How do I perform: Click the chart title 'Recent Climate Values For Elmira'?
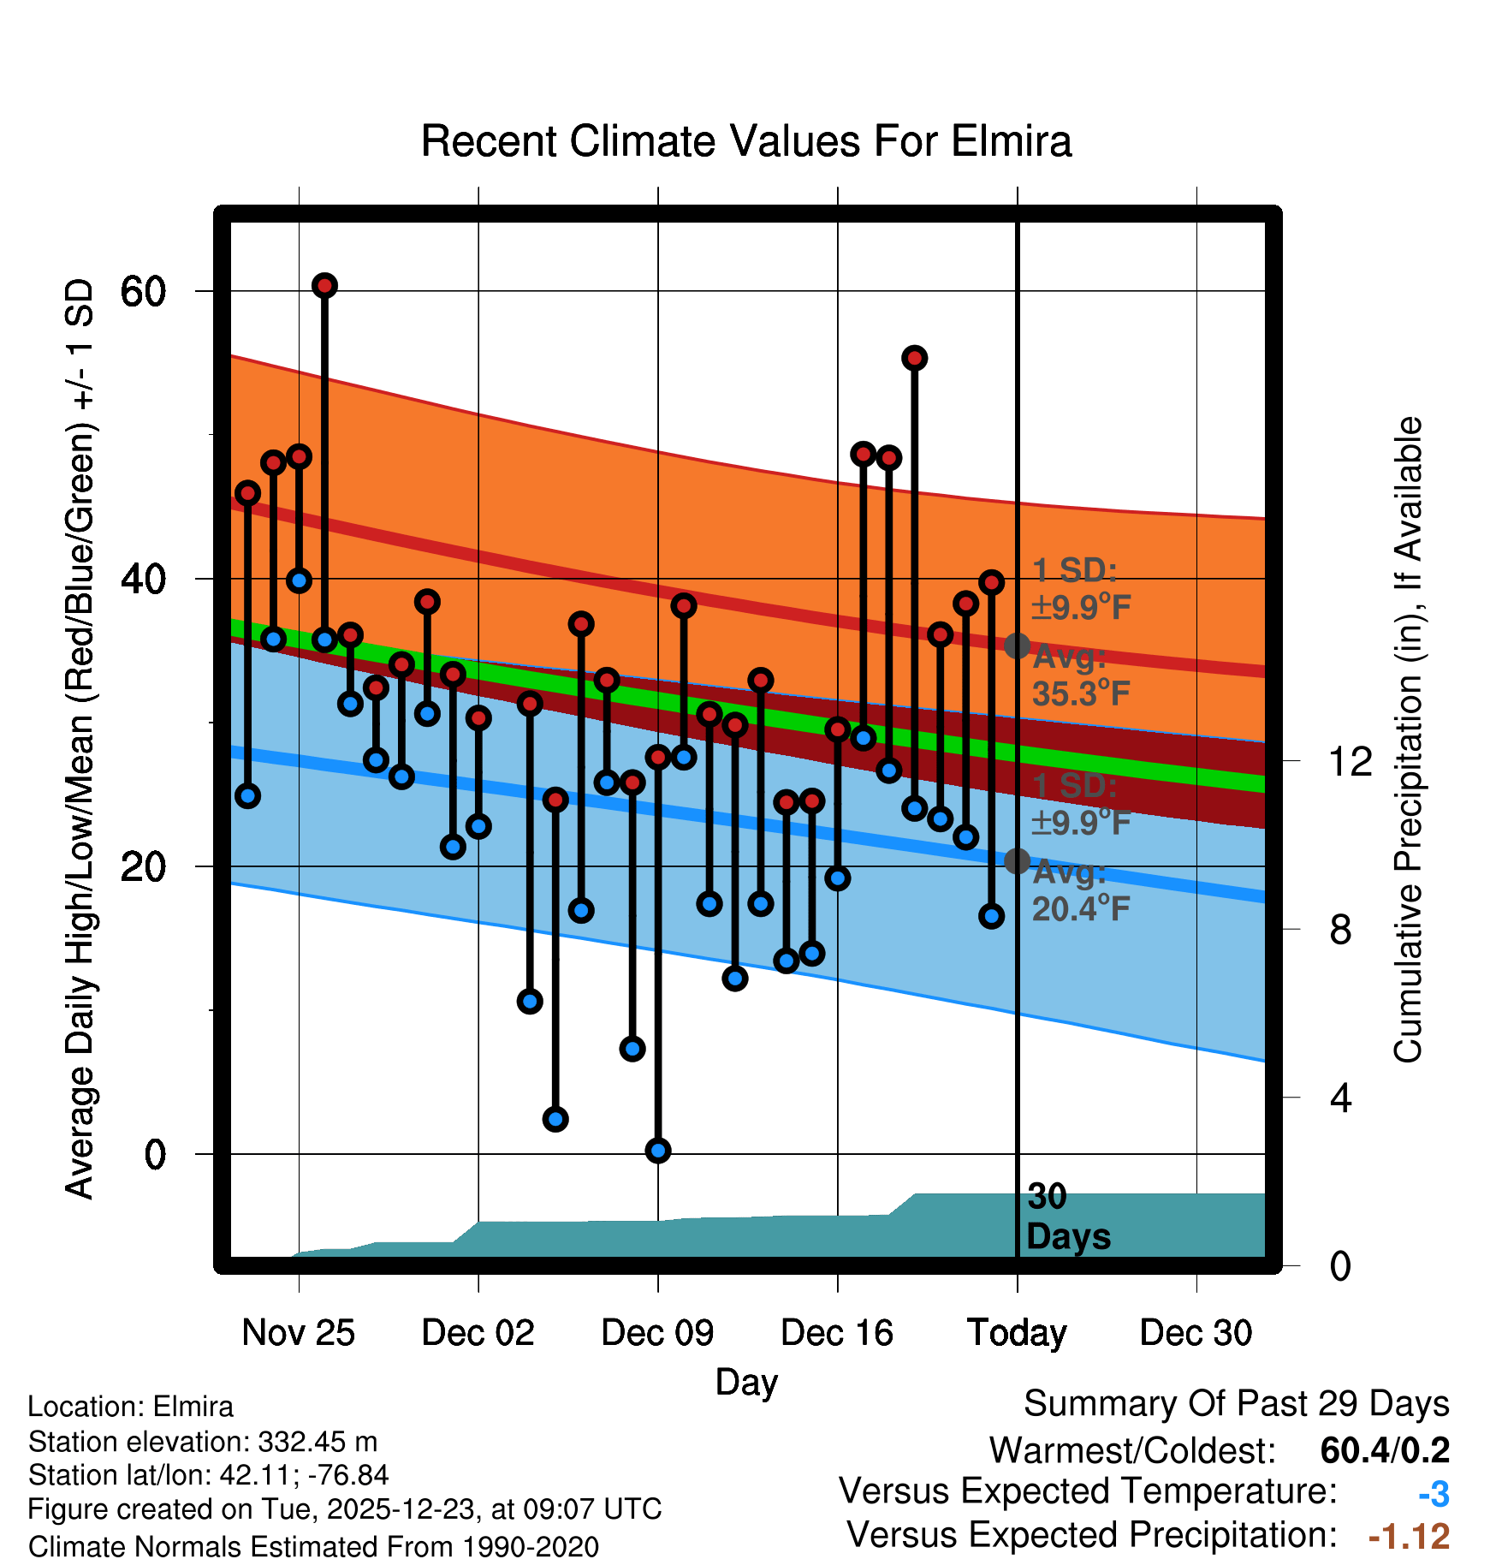(745, 141)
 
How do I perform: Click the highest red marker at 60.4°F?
(324, 285)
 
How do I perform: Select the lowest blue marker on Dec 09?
(657, 1150)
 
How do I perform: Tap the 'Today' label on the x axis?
(1017, 1333)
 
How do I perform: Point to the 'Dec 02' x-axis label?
(478, 1333)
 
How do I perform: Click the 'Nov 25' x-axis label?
(298, 1333)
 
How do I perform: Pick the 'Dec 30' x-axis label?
(1196, 1333)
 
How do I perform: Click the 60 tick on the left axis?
(143, 292)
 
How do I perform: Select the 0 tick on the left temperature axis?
(155, 1155)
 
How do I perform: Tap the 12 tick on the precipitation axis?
(1351, 761)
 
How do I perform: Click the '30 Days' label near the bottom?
(1067, 1217)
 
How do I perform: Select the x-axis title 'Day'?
(746, 1381)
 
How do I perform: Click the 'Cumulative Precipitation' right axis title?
(1408, 741)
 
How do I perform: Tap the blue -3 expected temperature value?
(1434, 1494)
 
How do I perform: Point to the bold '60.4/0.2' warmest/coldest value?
(1385, 1450)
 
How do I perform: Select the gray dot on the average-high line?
(1017, 646)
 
